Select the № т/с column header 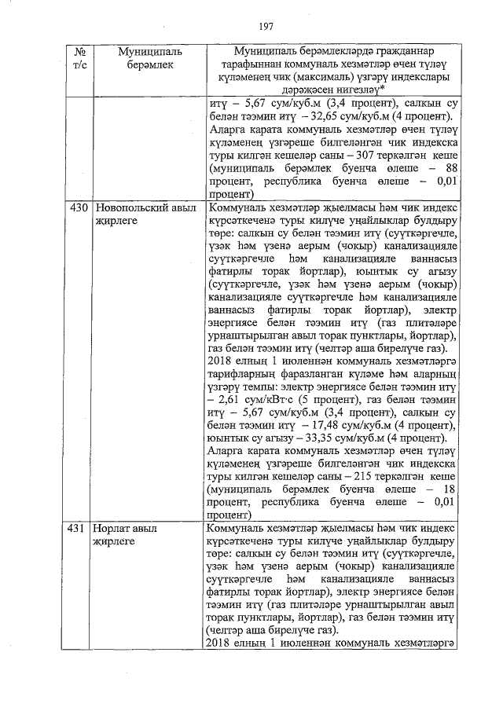pos(78,59)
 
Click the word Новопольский pos(134,210)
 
